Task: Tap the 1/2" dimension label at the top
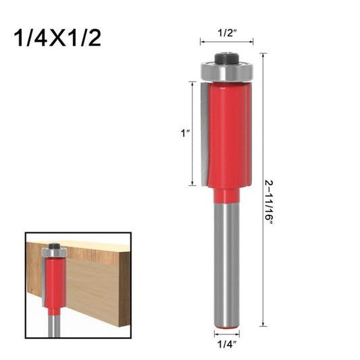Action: [x=226, y=31]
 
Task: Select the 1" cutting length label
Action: [x=184, y=134]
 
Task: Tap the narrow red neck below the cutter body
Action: [x=226, y=195]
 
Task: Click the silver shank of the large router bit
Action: [x=226, y=263]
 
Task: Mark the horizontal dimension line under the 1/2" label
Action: [x=226, y=42]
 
